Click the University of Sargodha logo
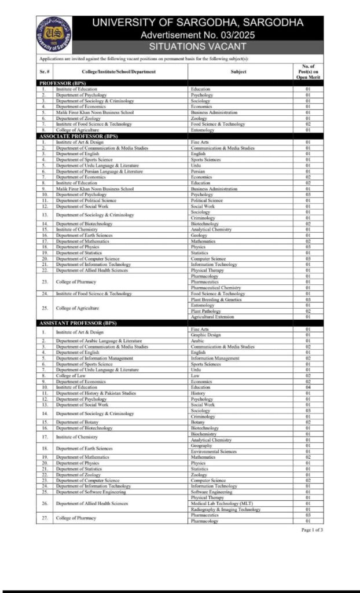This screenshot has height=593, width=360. (54, 34)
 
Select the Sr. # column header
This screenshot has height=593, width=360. (45, 71)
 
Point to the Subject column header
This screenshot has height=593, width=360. (238, 71)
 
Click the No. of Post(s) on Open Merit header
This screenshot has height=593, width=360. (307, 71)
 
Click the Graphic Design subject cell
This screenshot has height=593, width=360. (205, 335)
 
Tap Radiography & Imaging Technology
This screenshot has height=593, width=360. (225, 510)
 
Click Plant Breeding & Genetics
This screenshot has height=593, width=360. (216, 299)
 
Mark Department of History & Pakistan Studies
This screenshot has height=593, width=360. (96, 393)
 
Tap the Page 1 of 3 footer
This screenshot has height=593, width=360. (312, 530)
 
